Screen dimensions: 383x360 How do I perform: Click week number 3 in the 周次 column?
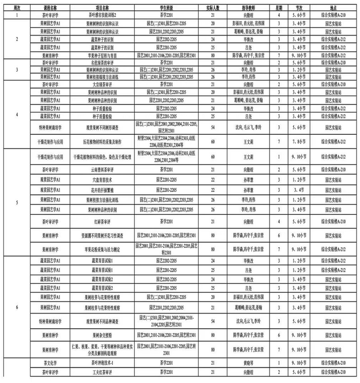(x=17, y=70)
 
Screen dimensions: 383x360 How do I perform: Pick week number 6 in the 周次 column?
(x=17, y=307)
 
